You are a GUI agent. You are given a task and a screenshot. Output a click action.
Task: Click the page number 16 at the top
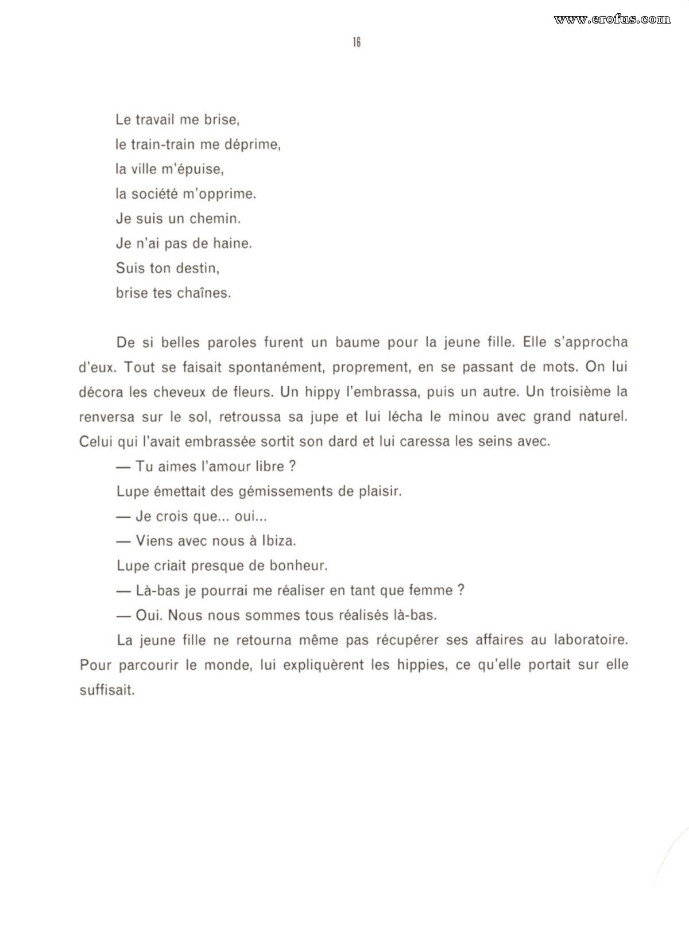tap(356, 42)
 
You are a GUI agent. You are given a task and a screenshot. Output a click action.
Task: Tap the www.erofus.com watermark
tap(612, 19)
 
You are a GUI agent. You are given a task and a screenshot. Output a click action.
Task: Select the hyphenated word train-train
tap(164, 145)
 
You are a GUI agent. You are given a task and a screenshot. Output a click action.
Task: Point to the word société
tap(154, 194)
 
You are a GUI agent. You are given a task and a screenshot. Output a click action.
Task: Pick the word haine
tap(232, 243)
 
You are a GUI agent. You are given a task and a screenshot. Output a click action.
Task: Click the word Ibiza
tap(278, 541)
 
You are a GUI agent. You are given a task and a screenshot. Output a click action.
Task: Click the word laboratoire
tap(591, 640)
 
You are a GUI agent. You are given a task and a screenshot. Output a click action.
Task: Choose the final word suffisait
tap(107, 690)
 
